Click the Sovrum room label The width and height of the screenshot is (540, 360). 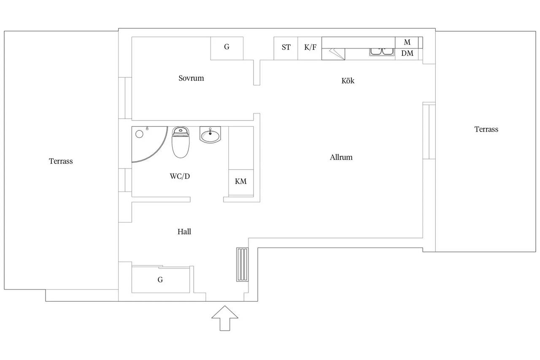tap(191, 78)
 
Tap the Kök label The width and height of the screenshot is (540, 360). tap(348, 81)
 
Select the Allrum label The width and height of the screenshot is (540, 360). tap(341, 157)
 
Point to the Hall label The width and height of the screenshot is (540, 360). tap(184, 232)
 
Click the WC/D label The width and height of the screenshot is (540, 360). tap(180, 176)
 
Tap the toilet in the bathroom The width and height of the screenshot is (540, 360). tap(181, 142)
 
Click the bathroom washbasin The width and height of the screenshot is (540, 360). tap(210, 135)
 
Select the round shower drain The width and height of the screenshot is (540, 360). tap(139, 134)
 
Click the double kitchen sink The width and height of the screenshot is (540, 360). tap(382, 52)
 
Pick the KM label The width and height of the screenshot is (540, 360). tap(240, 181)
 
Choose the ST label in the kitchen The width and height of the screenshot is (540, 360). tap(286, 47)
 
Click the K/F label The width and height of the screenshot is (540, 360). tap(310, 47)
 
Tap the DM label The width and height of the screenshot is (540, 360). tap(407, 53)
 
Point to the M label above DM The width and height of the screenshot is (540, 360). tap(407, 42)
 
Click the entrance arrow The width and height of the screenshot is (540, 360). tap(225, 318)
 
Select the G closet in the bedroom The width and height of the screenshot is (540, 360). tap(227, 48)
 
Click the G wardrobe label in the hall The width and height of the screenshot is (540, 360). tap(160, 280)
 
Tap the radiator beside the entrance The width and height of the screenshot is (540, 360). tap(242, 265)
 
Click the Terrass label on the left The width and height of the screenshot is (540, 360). tap(61, 161)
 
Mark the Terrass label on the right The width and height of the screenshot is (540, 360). tap(486, 129)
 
